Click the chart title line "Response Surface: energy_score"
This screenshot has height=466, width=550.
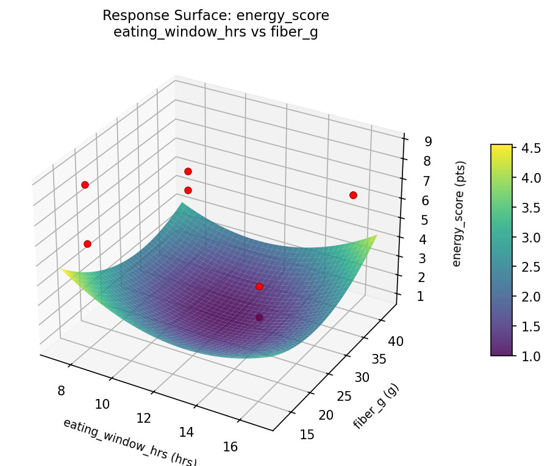click(x=216, y=15)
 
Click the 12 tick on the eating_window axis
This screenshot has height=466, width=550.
click(x=145, y=418)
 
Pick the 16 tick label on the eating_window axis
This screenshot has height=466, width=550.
click(x=230, y=447)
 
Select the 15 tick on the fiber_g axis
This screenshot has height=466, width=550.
click(x=308, y=434)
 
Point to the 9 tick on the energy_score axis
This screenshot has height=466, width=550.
click(x=429, y=142)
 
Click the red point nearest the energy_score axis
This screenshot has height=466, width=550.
click(x=353, y=195)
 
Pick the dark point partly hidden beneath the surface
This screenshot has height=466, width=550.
click(x=259, y=317)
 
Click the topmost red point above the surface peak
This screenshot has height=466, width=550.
click(x=188, y=171)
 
